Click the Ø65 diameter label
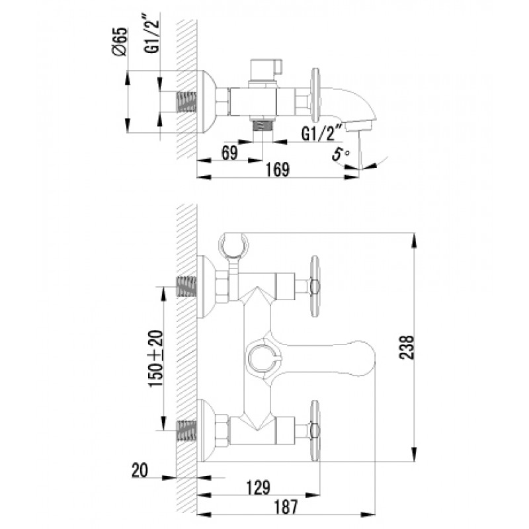(x=120, y=41)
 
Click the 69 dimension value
(x=229, y=153)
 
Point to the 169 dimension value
(x=277, y=169)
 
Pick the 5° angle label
(x=340, y=154)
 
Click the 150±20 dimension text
(x=155, y=358)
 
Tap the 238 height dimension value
(x=406, y=347)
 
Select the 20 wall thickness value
(x=140, y=470)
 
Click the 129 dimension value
(x=258, y=487)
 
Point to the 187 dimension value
(x=286, y=507)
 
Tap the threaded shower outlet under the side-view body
(x=263, y=126)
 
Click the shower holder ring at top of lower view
(x=233, y=244)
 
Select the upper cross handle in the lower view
(x=315, y=286)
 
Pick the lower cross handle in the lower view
(x=315, y=430)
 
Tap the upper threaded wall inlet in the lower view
(x=186, y=286)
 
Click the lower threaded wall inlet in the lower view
(x=186, y=430)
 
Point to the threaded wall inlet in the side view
(x=186, y=102)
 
